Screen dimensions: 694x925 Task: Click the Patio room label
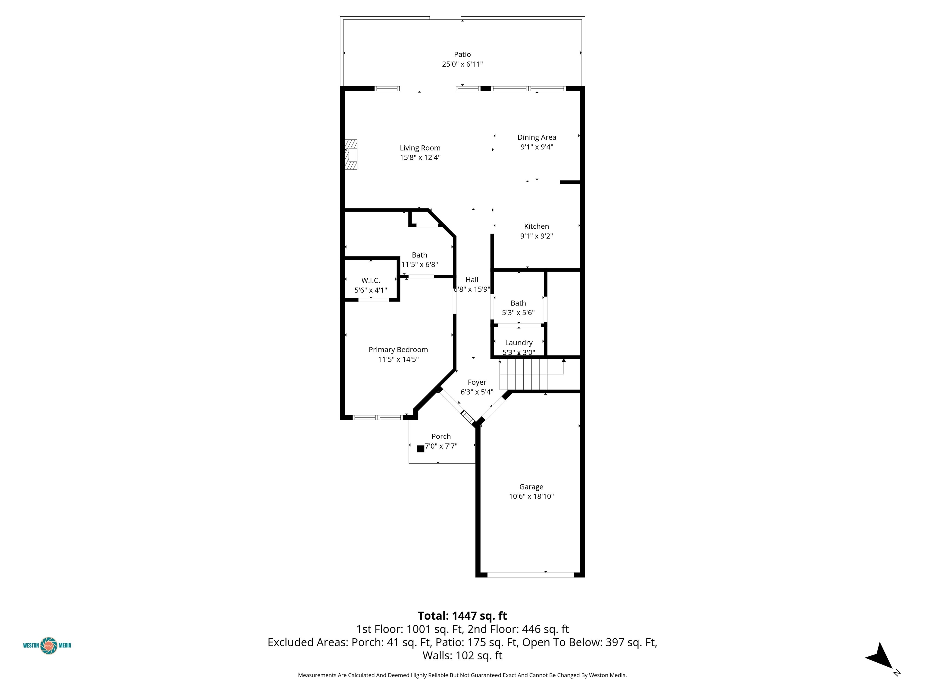coord(462,55)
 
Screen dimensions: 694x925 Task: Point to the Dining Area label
coord(537,137)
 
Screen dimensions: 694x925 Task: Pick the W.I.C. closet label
coord(370,280)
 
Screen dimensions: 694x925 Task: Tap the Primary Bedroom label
coord(398,350)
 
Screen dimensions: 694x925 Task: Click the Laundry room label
coord(519,342)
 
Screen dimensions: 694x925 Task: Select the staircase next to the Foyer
coord(524,374)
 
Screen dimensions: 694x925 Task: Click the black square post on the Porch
coord(420,449)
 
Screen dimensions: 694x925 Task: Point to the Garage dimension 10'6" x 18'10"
coord(531,496)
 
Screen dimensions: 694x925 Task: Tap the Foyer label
coord(477,382)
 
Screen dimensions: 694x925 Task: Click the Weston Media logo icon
coord(48,646)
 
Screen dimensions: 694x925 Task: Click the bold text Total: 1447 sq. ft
coord(462,616)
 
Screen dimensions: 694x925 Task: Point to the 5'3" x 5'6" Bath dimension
coord(518,312)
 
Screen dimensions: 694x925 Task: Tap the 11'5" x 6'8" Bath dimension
coord(419,264)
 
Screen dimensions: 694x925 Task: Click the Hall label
coord(472,280)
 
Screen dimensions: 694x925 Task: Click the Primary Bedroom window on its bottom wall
coord(378,417)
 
